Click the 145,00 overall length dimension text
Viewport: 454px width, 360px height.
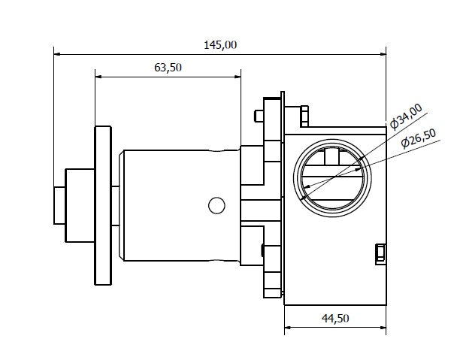220,44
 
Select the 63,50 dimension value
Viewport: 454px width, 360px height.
168,67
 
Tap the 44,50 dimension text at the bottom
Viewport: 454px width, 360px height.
335,318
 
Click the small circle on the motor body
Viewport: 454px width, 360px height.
216,204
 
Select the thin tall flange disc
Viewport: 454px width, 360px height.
102,205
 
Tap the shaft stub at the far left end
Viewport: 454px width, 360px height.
59,205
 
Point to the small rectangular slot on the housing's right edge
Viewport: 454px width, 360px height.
380,253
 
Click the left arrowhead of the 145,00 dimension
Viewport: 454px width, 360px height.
57,53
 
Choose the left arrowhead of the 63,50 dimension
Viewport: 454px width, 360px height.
98,75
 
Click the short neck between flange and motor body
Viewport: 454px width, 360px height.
117,205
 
